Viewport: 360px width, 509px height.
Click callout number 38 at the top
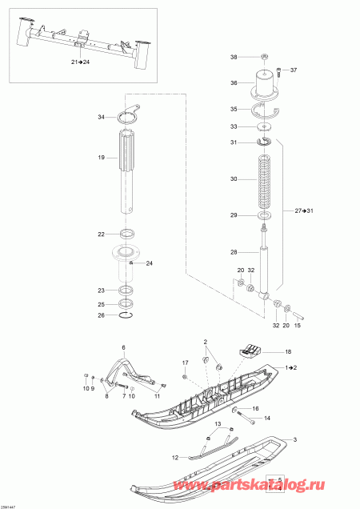click(x=234, y=58)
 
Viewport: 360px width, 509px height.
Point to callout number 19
click(x=102, y=158)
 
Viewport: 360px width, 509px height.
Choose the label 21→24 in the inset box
click(x=82, y=61)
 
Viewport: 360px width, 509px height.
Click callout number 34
click(x=102, y=118)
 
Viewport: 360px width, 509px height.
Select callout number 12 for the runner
click(x=174, y=457)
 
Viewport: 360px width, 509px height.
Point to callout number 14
click(x=267, y=418)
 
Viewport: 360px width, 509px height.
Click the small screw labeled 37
click(x=278, y=70)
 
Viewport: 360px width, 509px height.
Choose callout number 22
click(x=102, y=234)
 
